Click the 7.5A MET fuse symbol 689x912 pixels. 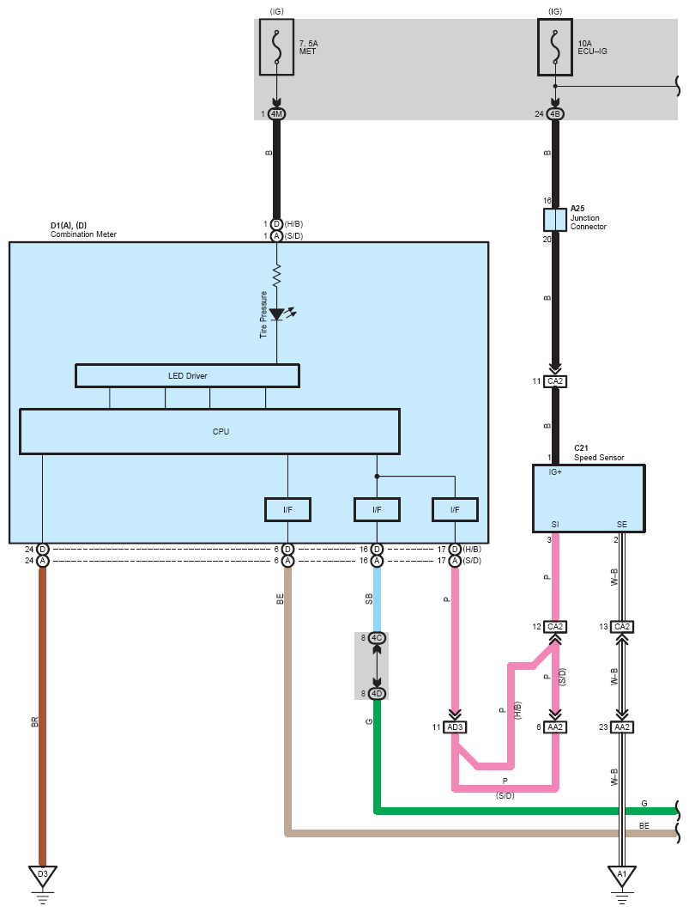coord(276,47)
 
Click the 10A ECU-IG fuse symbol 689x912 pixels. coord(555,47)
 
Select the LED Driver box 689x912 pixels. coord(188,376)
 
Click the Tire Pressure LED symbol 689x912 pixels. coord(277,314)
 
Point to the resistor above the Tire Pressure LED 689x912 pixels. coord(276,276)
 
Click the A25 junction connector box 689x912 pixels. coord(555,220)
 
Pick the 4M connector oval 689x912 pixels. coord(276,114)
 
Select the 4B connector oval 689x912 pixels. coord(555,114)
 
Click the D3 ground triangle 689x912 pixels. coord(42,875)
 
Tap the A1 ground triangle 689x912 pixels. coord(621,876)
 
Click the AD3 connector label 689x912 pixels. coord(455,727)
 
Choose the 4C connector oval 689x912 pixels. coord(377,638)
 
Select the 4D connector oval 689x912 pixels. coord(377,693)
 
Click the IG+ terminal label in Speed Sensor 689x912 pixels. coord(555,472)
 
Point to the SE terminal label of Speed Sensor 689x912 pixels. coord(621,524)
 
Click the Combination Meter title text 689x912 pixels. coord(83,234)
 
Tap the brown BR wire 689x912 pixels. coord(42,716)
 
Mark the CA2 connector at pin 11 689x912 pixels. coord(555,381)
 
